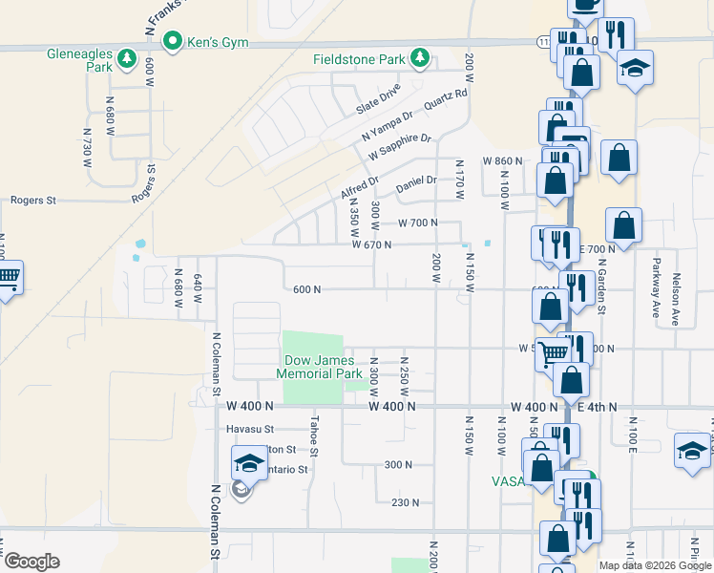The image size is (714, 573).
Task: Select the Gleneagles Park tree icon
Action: pos(126,61)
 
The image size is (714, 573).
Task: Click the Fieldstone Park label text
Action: pos(359,59)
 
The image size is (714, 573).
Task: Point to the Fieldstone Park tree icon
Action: pos(418,59)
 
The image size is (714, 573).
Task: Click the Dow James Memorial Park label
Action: pos(319,367)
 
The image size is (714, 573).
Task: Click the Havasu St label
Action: pos(250,429)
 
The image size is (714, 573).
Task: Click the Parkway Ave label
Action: pos(657,285)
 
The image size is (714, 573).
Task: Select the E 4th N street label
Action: pos(598,407)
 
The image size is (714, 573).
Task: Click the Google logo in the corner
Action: pos(31,562)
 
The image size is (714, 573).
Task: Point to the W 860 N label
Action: pos(503,160)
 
